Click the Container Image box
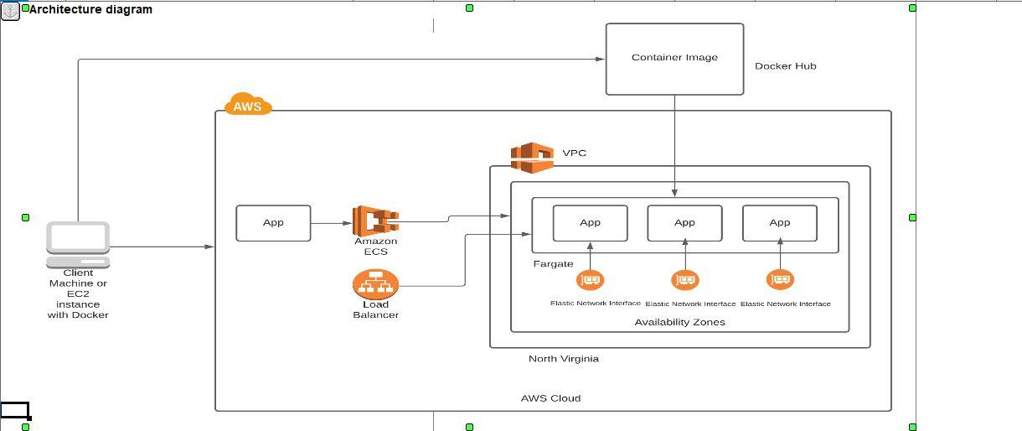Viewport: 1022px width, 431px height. point(674,59)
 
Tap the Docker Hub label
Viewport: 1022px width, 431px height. point(785,66)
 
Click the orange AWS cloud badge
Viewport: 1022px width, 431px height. point(248,105)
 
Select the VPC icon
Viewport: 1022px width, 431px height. point(533,157)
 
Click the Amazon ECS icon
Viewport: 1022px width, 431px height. point(374,221)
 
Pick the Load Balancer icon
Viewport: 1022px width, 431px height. point(375,284)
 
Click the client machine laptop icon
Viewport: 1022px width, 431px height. point(78,243)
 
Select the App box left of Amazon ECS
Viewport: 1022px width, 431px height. point(273,223)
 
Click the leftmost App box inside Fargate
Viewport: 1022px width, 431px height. point(590,223)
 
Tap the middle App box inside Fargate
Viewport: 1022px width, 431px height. point(684,223)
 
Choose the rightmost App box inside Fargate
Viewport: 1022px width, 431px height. point(779,223)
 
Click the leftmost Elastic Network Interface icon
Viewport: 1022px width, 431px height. point(591,280)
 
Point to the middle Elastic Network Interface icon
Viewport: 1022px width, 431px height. point(685,280)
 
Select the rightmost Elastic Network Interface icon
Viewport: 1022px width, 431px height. point(780,280)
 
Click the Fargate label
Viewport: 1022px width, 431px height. point(553,264)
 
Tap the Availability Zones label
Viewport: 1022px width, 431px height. point(679,322)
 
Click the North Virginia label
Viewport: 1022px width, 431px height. point(563,359)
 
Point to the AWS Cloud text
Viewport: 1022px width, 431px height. point(550,398)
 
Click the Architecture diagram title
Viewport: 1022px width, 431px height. point(90,10)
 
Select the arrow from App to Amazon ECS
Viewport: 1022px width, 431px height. point(332,223)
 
